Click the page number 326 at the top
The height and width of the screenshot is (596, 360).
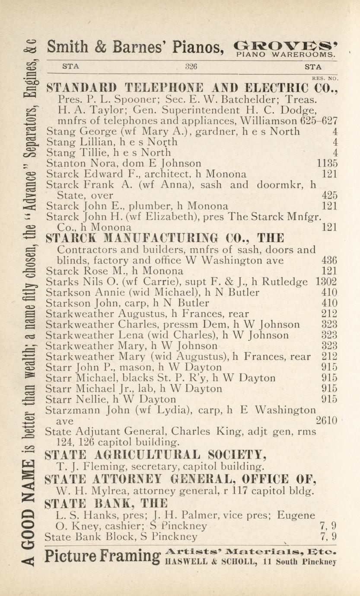(191, 67)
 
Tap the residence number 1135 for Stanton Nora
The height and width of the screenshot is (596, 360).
(327, 163)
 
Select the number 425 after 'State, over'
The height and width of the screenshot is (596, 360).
(330, 196)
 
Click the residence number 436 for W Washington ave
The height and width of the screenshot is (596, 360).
(330, 260)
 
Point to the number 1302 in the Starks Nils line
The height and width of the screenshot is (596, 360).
(327, 282)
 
